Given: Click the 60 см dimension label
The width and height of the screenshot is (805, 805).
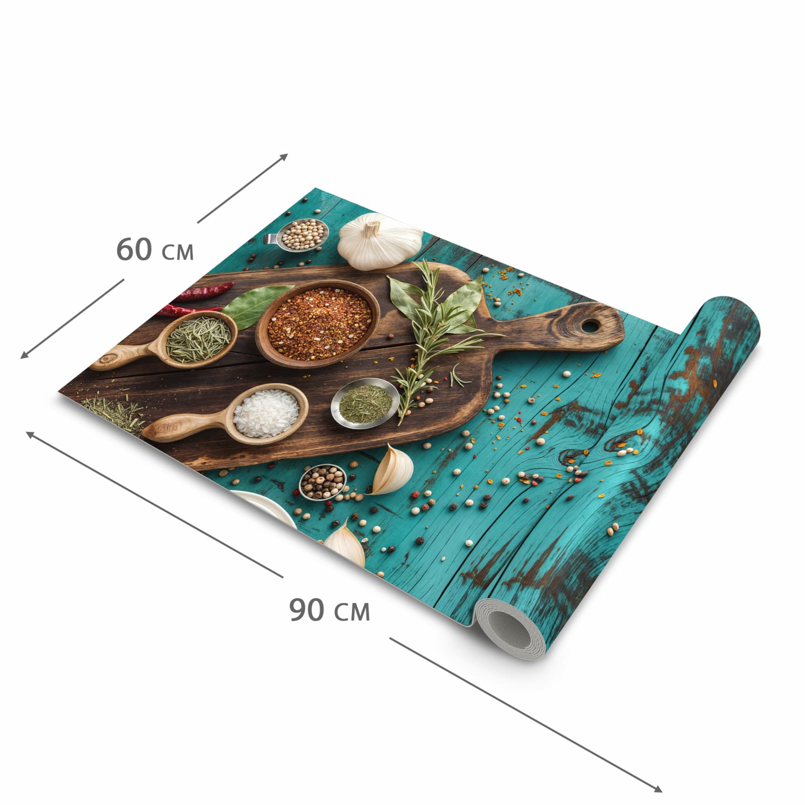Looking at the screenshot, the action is [155, 250].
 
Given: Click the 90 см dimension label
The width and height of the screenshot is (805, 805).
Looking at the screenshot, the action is [330, 610].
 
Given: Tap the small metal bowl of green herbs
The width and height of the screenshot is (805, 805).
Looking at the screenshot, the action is [365, 403].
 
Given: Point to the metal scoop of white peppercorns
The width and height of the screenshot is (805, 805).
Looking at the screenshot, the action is [297, 234].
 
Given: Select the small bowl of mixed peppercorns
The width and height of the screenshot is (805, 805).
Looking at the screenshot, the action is [323, 482].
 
